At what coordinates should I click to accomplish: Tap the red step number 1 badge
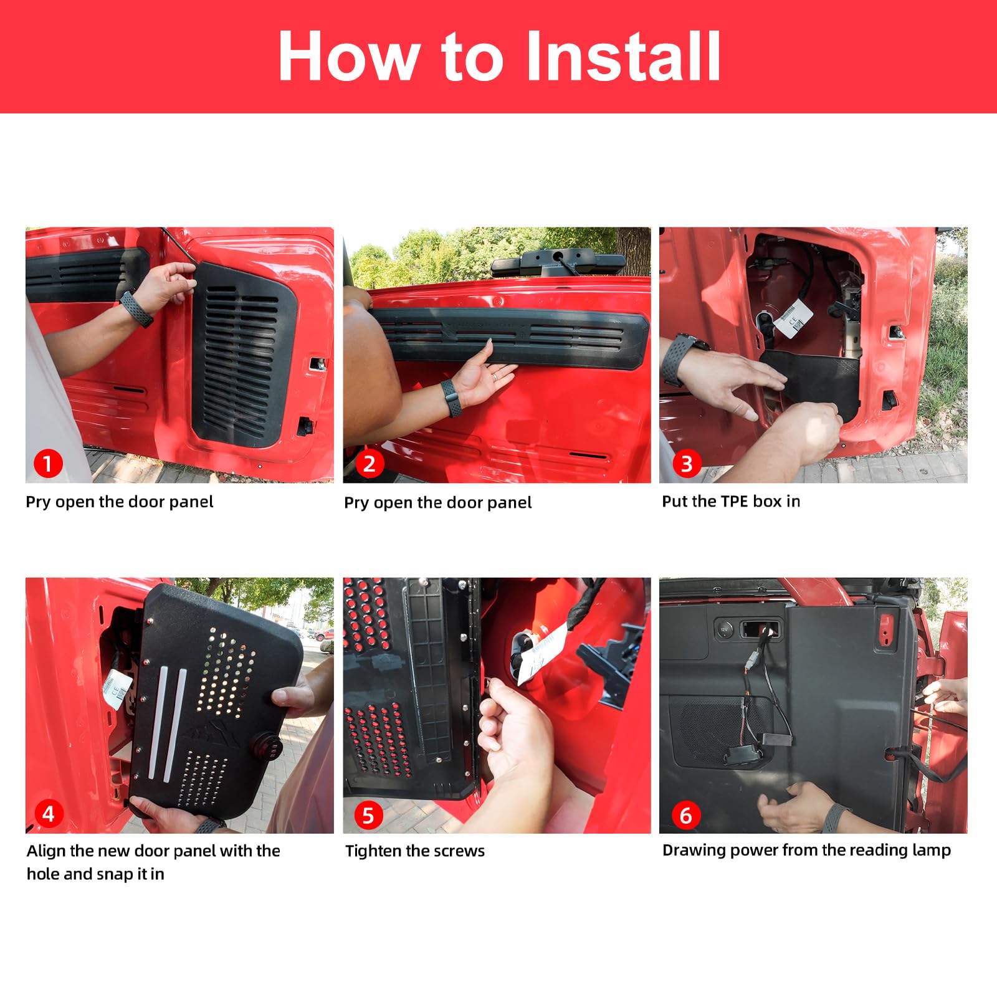point(48,464)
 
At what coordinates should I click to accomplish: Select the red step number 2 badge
point(370,464)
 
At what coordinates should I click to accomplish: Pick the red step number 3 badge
point(687,464)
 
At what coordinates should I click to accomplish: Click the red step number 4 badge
point(48,814)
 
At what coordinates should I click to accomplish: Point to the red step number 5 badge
point(368,815)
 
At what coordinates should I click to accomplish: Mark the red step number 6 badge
point(686,815)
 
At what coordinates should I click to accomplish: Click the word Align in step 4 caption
point(45,851)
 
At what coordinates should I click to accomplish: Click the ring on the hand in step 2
point(494,376)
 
